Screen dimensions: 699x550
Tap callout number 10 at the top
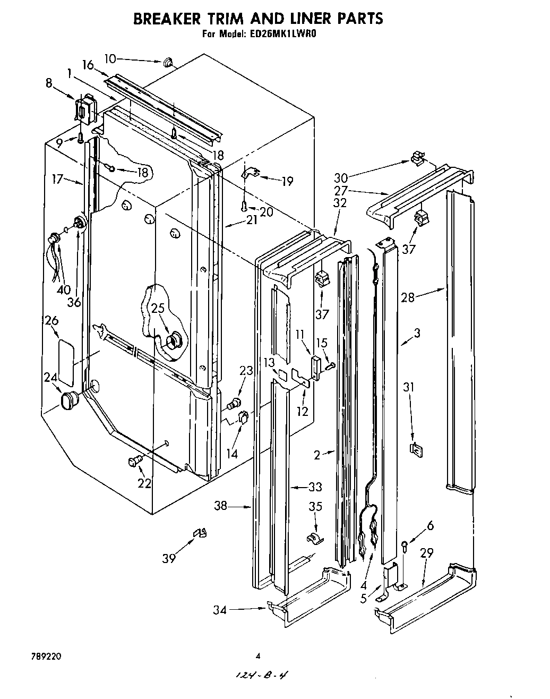point(110,58)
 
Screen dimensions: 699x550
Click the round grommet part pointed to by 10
point(168,63)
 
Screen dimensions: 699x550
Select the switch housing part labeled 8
point(84,110)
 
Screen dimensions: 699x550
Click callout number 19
point(287,182)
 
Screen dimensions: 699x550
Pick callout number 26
point(51,320)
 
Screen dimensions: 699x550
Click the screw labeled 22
point(134,462)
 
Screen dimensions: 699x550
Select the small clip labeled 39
point(200,533)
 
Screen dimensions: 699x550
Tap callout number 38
point(220,506)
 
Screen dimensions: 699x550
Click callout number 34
point(220,610)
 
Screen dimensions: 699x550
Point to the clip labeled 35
point(314,539)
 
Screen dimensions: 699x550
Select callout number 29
point(426,553)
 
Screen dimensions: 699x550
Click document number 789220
point(47,657)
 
